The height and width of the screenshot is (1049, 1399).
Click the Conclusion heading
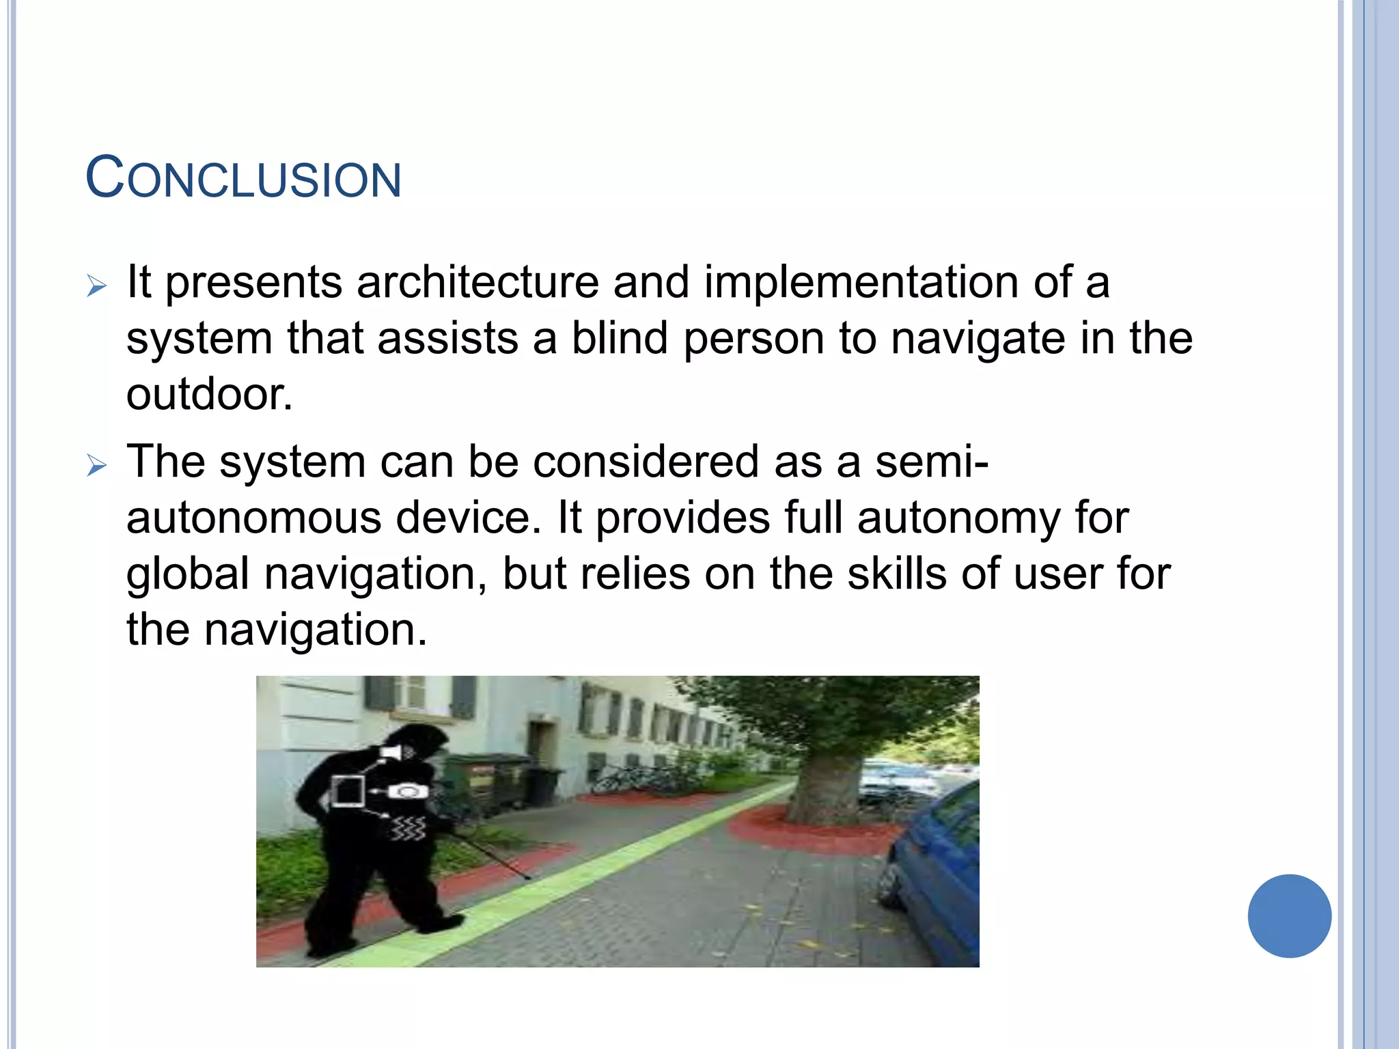[243, 179]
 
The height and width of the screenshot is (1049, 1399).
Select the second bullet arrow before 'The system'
[97, 466]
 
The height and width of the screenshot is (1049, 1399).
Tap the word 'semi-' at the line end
[932, 462]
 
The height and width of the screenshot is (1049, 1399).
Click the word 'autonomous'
[253, 518]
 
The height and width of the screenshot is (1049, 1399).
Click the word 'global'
[188, 574]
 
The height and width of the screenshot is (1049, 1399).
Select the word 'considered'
[646, 462]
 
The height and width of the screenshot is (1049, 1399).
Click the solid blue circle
[1289, 916]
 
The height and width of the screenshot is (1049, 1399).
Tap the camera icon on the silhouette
[408, 792]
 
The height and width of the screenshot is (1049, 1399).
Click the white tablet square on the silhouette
[348, 792]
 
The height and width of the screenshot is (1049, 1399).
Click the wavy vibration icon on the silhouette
[408, 828]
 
